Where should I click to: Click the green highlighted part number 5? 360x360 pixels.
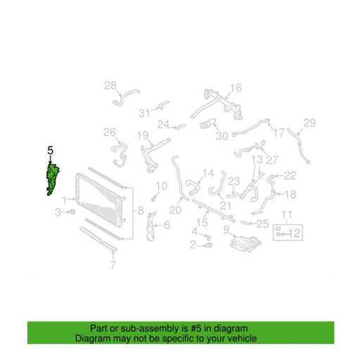tap(53, 179)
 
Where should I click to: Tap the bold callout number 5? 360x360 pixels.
tap(50, 150)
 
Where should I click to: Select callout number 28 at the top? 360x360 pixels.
tap(110, 86)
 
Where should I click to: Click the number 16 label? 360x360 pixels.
tap(236, 88)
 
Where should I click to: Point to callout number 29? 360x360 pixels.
tap(309, 123)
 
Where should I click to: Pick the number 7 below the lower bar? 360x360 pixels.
tap(113, 265)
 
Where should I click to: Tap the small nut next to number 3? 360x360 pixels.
tap(72, 212)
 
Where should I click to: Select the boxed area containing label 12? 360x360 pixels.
tap(288, 233)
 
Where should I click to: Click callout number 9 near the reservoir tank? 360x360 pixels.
tap(226, 230)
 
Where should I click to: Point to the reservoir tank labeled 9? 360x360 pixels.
tap(245, 244)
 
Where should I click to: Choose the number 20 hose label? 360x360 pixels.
tap(175, 210)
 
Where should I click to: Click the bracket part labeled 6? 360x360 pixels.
tap(150, 226)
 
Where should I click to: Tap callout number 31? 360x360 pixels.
tap(144, 113)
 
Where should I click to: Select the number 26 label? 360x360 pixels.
tap(110, 132)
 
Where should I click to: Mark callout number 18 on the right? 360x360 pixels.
tap(290, 194)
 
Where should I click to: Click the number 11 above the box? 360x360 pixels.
tap(286, 214)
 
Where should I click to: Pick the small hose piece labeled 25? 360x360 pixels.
tap(245, 222)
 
